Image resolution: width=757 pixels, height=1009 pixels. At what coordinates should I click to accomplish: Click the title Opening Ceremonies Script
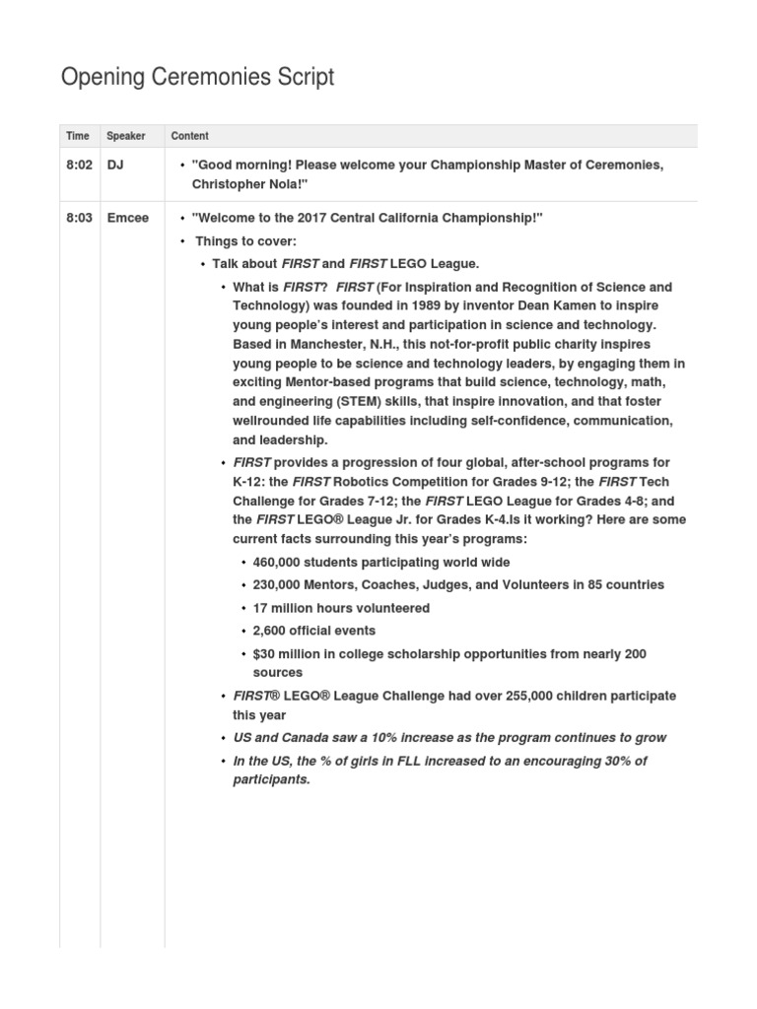pos(197,77)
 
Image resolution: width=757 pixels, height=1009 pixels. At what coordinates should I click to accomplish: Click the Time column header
pos(77,136)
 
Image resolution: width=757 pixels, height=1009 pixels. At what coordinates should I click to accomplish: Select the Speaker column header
pos(125,136)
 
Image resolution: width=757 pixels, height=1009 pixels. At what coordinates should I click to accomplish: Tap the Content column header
pos(189,136)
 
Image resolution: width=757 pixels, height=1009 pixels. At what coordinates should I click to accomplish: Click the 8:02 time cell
pos(79,166)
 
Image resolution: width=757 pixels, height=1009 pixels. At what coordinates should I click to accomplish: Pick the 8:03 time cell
pos(79,218)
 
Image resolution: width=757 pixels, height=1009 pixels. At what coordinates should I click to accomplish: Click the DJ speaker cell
pos(115,166)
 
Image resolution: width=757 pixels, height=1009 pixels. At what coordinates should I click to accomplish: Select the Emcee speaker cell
pos(128,218)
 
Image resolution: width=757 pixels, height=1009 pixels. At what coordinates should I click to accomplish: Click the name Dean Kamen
pos(548,305)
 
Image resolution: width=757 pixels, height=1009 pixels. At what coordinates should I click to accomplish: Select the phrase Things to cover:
pos(245,241)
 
